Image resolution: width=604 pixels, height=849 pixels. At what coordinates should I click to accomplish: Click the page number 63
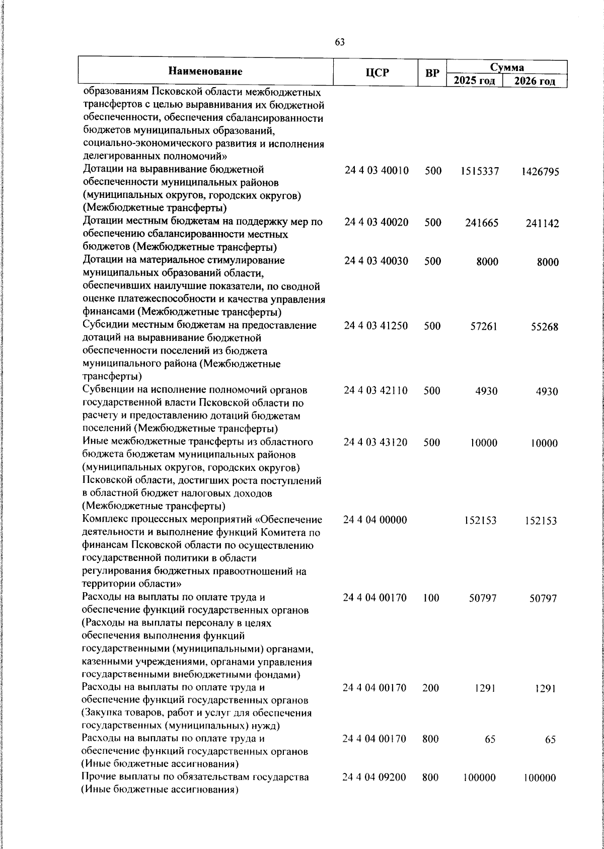340,42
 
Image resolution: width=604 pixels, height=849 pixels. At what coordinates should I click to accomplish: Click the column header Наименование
205,72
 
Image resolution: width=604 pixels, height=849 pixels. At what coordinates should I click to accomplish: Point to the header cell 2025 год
474,81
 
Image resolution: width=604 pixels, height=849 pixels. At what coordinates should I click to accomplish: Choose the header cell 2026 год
535,81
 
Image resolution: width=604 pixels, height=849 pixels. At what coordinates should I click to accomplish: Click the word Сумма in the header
507,67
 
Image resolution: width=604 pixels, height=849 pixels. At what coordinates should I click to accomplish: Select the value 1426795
540,172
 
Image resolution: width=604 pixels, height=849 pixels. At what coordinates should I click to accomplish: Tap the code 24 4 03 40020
376,222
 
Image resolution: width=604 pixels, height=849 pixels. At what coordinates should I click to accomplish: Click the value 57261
483,326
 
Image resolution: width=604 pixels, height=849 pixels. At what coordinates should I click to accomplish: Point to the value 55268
544,327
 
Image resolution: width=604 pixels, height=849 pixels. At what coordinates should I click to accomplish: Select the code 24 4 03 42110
376,391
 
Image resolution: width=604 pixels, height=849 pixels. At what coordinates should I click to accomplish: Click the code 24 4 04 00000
375,520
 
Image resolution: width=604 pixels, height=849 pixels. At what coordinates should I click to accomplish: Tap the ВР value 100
431,598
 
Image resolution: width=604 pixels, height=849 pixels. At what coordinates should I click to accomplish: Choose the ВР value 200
431,687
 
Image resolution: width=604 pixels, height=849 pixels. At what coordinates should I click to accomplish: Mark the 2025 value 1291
486,688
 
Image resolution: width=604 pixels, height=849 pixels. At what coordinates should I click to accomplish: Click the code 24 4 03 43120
375,442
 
